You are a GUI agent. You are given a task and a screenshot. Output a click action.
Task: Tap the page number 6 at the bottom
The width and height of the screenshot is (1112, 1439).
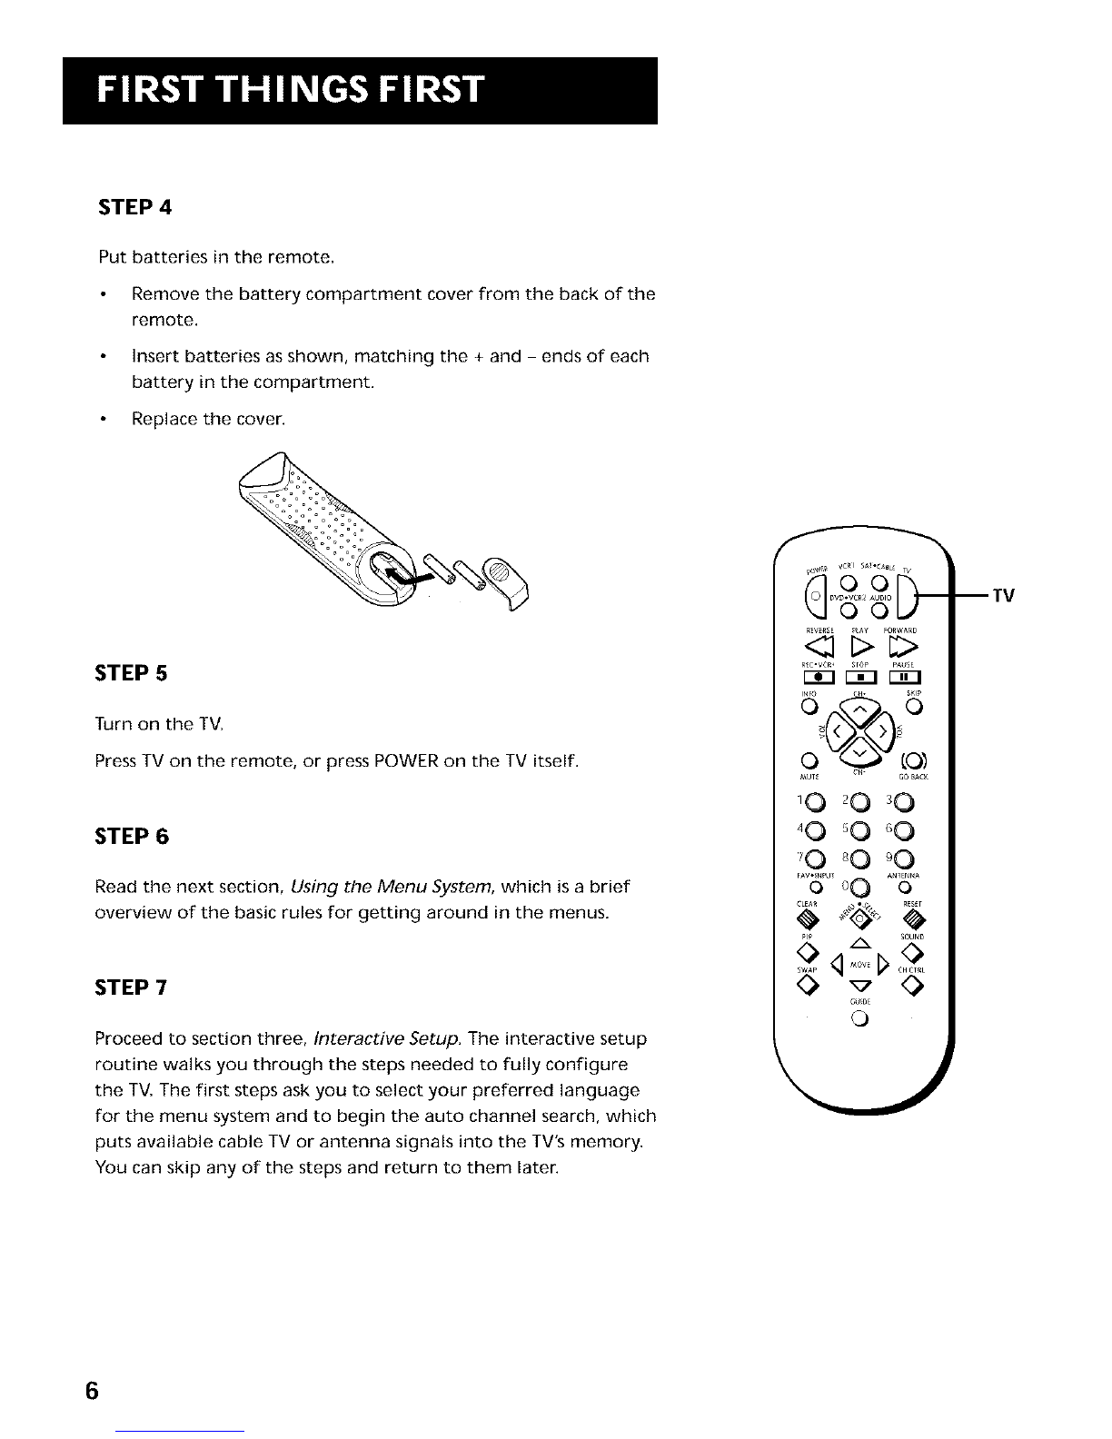click(x=91, y=1391)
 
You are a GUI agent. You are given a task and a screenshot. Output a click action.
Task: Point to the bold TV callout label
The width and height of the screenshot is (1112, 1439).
click(x=1002, y=596)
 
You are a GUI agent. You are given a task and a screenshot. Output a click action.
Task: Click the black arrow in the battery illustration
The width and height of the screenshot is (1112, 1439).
click(x=401, y=579)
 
